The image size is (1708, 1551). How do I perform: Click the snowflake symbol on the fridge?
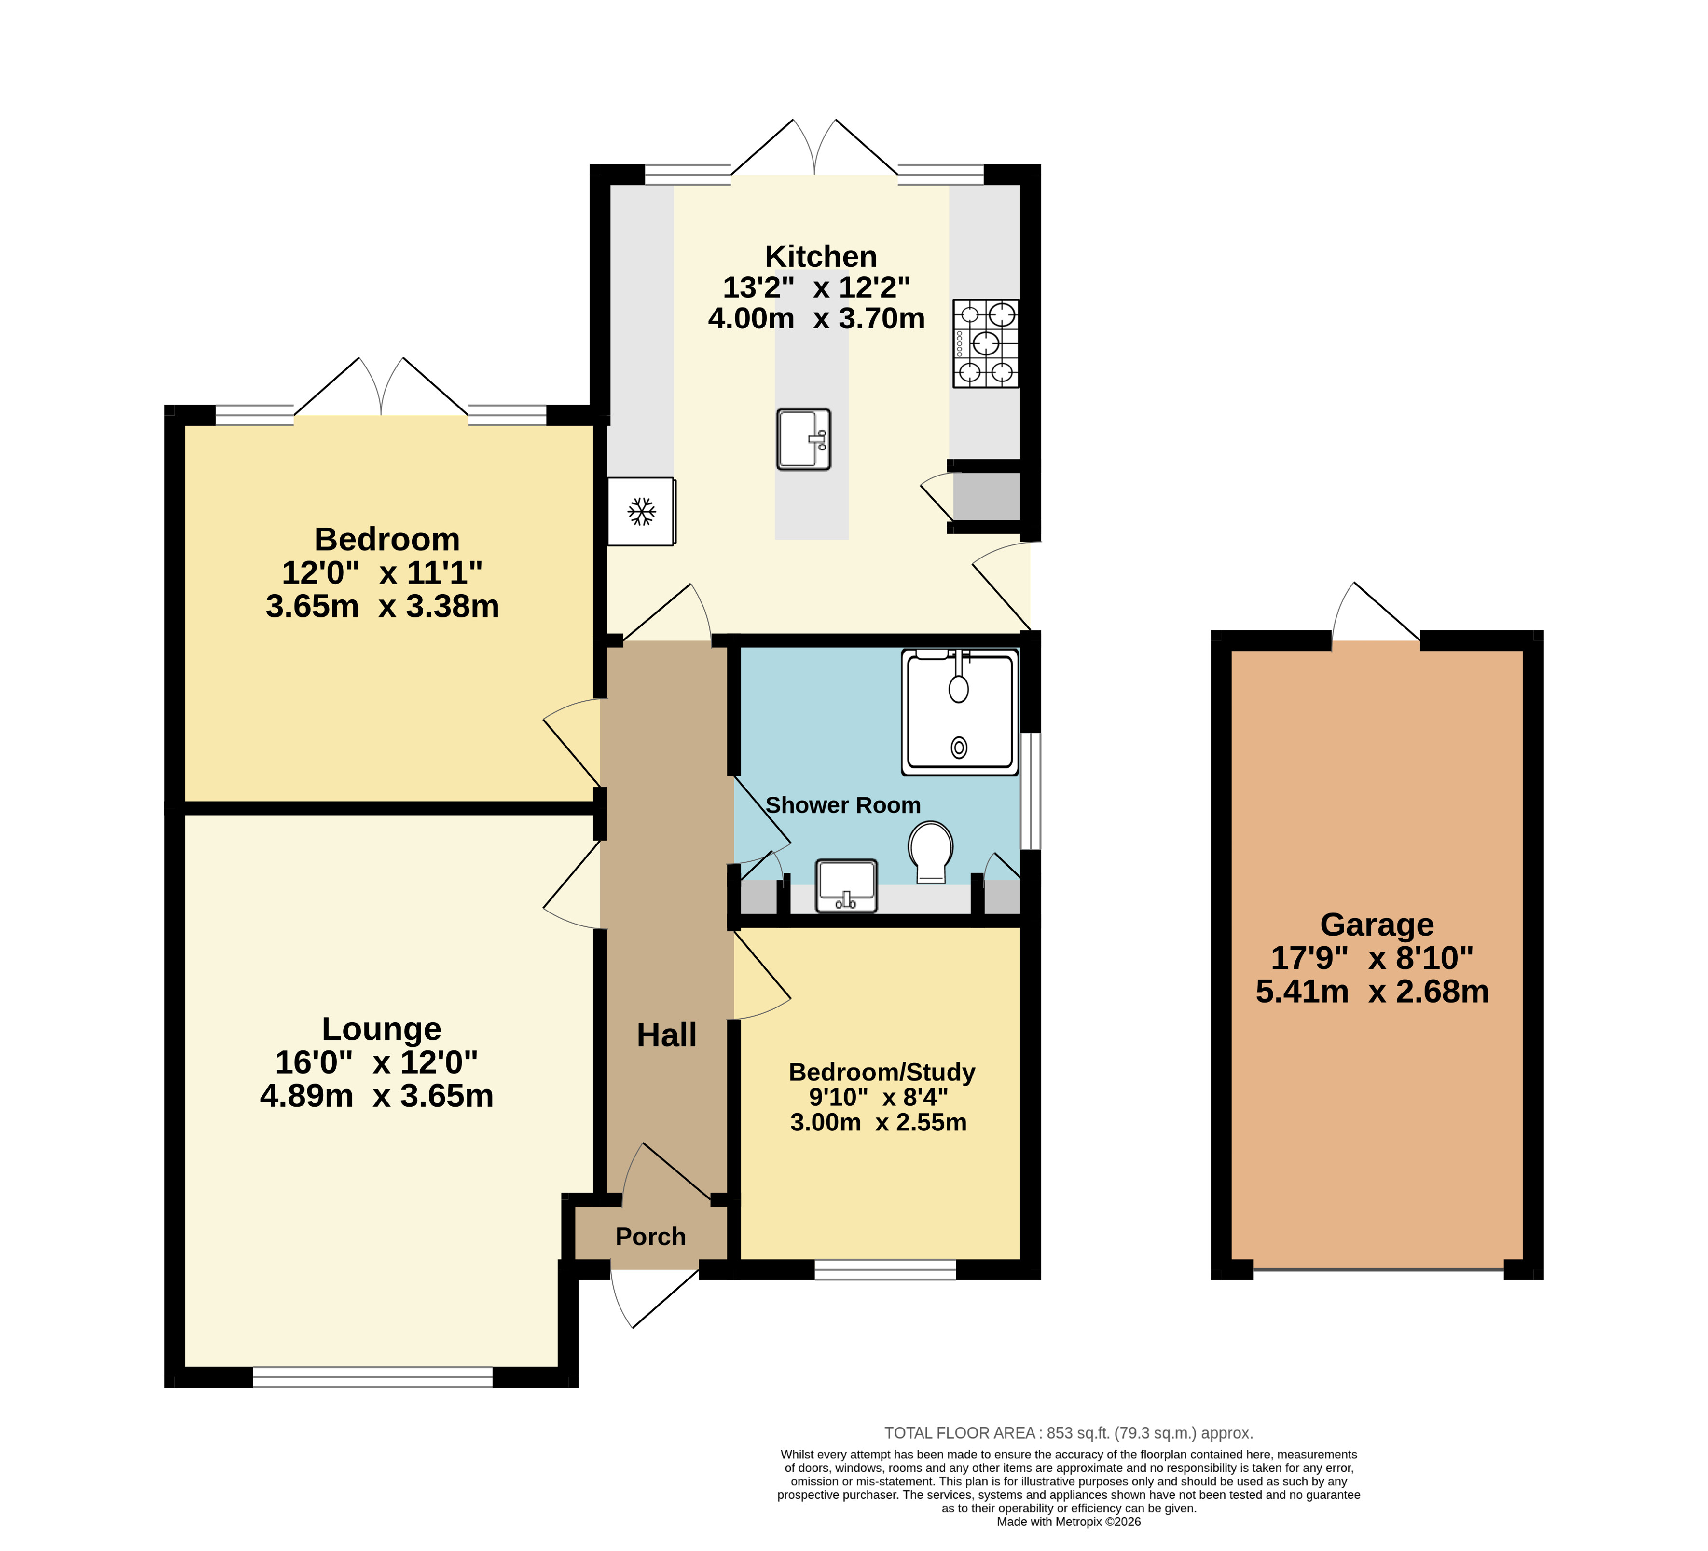point(641,512)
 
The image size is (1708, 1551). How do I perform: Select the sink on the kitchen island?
point(803,440)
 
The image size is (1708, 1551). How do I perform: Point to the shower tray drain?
point(959,747)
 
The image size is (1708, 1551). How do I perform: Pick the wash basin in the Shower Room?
point(846,886)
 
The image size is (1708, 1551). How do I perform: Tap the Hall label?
point(667,1034)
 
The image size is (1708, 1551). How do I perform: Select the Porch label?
point(651,1236)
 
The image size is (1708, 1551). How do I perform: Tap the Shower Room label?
point(843,805)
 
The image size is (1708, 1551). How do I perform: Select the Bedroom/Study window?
point(885,1269)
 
